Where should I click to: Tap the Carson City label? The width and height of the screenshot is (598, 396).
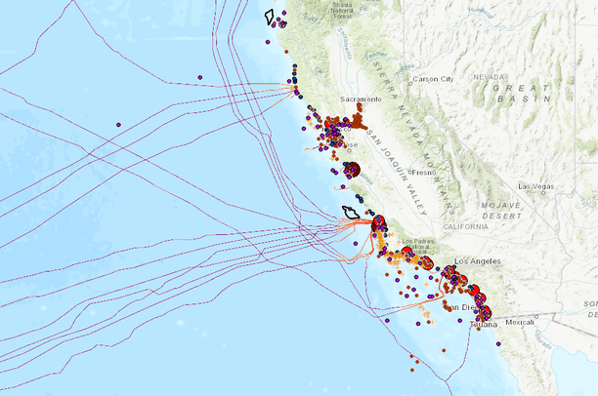(434, 79)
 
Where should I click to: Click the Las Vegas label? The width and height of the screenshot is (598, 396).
(536, 186)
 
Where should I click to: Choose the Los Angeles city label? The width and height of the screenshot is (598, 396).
(478, 261)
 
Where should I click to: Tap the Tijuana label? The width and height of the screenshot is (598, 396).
(481, 324)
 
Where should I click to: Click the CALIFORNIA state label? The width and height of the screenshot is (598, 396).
(465, 226)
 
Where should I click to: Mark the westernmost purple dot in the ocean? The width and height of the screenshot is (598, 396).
(118, 125)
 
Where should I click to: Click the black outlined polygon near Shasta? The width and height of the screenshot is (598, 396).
(270, 17)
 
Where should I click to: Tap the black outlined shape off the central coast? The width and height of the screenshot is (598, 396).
(350, 212)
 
